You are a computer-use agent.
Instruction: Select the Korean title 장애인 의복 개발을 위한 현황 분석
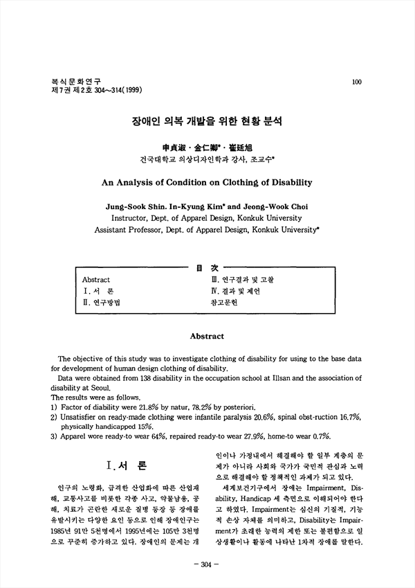[x=207, y=120]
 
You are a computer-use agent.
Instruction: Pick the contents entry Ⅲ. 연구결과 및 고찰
[x=242, y=280]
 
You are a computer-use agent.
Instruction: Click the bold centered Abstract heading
[x=207, y=337]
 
